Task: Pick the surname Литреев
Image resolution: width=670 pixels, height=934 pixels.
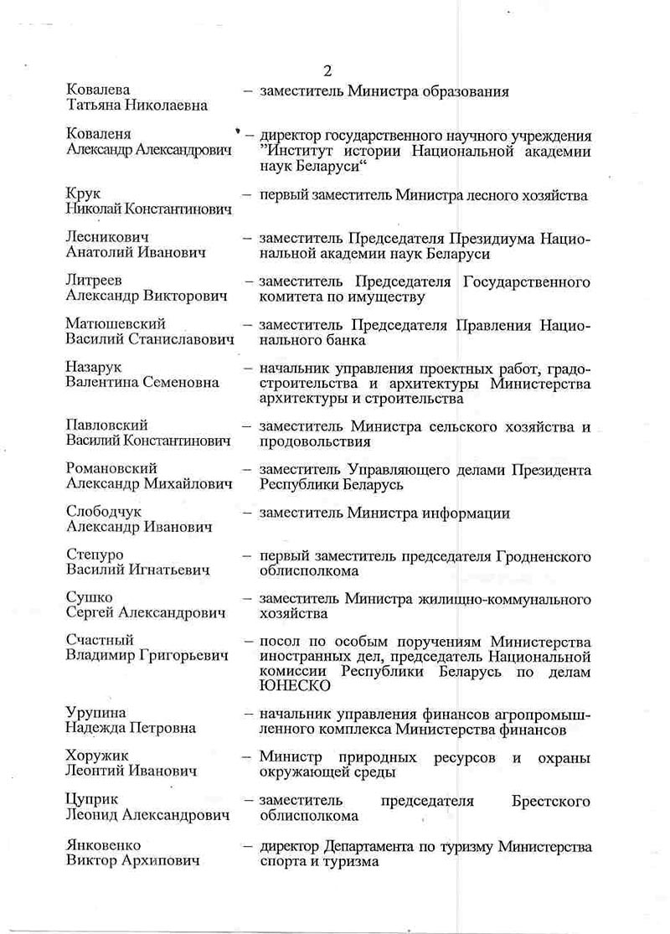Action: [x=94, y=281]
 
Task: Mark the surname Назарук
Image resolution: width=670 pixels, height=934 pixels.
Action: [x=95, y=367]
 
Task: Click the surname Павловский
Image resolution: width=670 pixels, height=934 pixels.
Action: [x=106, y=426]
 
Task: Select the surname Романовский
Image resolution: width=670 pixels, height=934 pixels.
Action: [x=111, y=469]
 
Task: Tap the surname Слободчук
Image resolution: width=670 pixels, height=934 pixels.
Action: [x=105, y=513]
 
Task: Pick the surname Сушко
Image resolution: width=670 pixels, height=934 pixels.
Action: [x=86, y=599]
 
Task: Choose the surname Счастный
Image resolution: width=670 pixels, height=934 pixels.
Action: [x=99, y=642]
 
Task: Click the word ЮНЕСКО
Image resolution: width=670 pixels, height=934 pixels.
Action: [x=293, y=686]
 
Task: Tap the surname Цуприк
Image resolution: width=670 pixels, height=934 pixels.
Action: [x=90, y=800]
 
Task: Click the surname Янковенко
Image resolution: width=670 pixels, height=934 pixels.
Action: [x=103, y=845]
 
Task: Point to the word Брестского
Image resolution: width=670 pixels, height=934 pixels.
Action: [x=552, y=800]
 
